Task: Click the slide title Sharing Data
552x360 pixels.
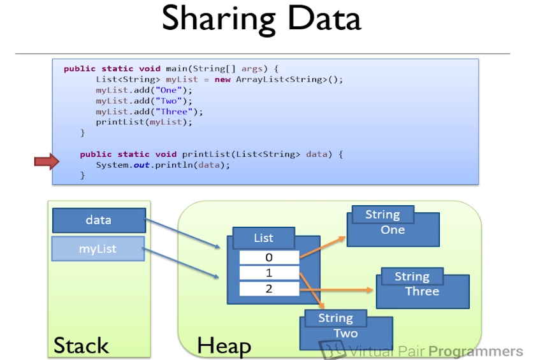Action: tap(261, 19)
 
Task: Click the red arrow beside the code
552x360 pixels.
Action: tap(46, 163)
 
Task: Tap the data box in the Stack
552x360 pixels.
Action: tap(99, 220)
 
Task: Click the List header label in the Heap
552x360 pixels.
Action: tap(263, 238)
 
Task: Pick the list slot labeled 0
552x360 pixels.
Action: tap(269, 257)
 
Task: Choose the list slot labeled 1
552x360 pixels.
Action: tap(269, 273)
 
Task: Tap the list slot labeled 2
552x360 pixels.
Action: tap(269, 289)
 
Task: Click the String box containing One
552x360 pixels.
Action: tap(393, 226)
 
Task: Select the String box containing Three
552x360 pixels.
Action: tap(422, 287)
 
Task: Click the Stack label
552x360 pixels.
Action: tap(81, 346)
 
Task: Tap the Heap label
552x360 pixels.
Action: tap(224, 346)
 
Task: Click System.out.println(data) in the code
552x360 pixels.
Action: tap(163, 165)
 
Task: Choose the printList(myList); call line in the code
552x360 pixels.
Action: tap(143, 122)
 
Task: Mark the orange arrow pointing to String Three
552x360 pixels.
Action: tap(344, 289)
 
